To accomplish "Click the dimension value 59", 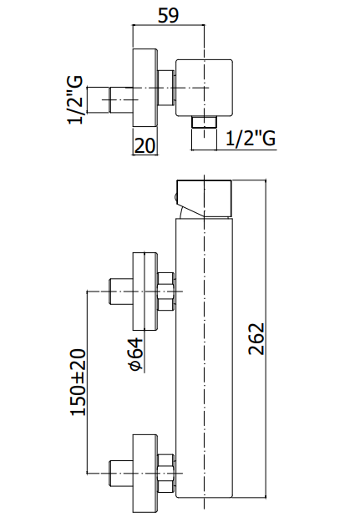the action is pos(168,16).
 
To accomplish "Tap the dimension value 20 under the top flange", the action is pos(145,145).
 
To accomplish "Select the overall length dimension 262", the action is pos(256,338).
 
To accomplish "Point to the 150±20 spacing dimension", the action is pos(79,382).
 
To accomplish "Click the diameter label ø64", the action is pos(136,354).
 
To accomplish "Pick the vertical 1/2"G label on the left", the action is pos(75,100).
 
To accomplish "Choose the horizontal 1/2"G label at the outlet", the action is pos(251,138).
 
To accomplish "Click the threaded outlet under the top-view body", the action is pos(204,122).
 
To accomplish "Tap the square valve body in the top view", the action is pos(204,88).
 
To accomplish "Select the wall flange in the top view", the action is pos(145,88).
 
